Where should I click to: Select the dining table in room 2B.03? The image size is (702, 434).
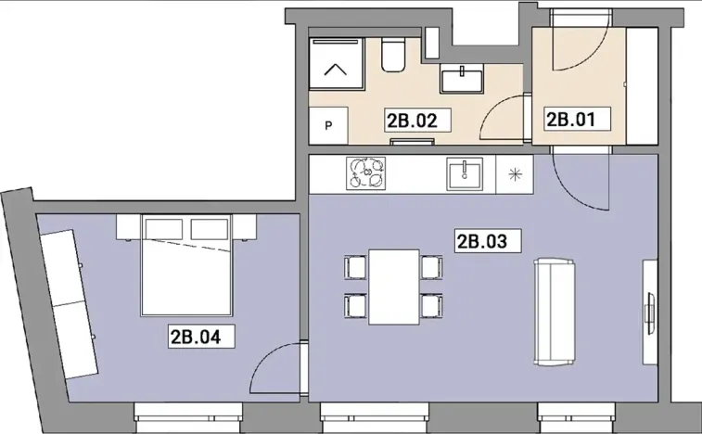tap(393, 286)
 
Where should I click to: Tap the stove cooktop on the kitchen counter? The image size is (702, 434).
tap(368, 172)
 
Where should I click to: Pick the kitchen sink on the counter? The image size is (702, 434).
tap(464, 173)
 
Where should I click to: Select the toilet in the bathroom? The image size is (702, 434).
tap(393, 56)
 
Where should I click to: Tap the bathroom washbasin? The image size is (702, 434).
tap(459, 80)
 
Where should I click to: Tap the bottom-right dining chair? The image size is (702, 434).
tap(430, 305)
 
